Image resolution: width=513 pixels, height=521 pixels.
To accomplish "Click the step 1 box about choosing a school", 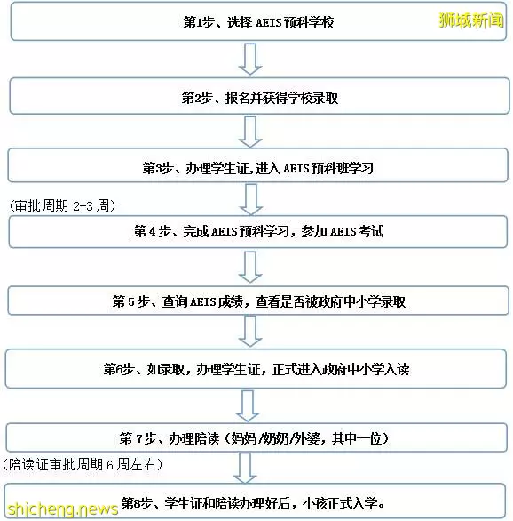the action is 258,21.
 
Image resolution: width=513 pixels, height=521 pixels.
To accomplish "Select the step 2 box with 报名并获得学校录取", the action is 259,96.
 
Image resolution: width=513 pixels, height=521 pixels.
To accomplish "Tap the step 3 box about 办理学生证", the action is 258,165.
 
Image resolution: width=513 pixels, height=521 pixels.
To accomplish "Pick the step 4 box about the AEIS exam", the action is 258,231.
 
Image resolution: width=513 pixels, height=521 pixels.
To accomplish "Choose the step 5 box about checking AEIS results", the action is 258,301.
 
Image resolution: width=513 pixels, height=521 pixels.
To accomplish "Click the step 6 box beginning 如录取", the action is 256,368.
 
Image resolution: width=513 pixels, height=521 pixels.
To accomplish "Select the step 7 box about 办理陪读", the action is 256,437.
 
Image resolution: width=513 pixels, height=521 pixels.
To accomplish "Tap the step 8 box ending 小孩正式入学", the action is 255,501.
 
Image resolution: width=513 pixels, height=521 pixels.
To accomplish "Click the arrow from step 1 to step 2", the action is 250,60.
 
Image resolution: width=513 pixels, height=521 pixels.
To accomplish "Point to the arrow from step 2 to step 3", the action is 250,132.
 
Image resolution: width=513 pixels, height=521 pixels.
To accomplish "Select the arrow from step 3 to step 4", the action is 251,200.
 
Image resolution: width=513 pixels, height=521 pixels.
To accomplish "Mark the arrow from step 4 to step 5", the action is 250,268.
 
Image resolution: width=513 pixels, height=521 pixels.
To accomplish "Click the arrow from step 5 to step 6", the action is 250,332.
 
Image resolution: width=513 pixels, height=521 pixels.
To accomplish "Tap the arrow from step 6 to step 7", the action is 248,406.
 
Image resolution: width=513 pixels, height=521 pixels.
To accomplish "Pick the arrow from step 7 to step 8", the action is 245,469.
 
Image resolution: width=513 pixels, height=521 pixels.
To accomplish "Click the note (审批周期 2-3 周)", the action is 63,206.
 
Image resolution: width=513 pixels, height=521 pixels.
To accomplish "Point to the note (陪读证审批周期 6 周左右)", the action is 83,464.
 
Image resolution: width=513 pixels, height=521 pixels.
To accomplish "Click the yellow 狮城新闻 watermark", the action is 471,20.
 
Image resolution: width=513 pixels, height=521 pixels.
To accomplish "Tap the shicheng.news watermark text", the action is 63,509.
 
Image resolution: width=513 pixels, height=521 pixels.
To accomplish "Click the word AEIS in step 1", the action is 269,22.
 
